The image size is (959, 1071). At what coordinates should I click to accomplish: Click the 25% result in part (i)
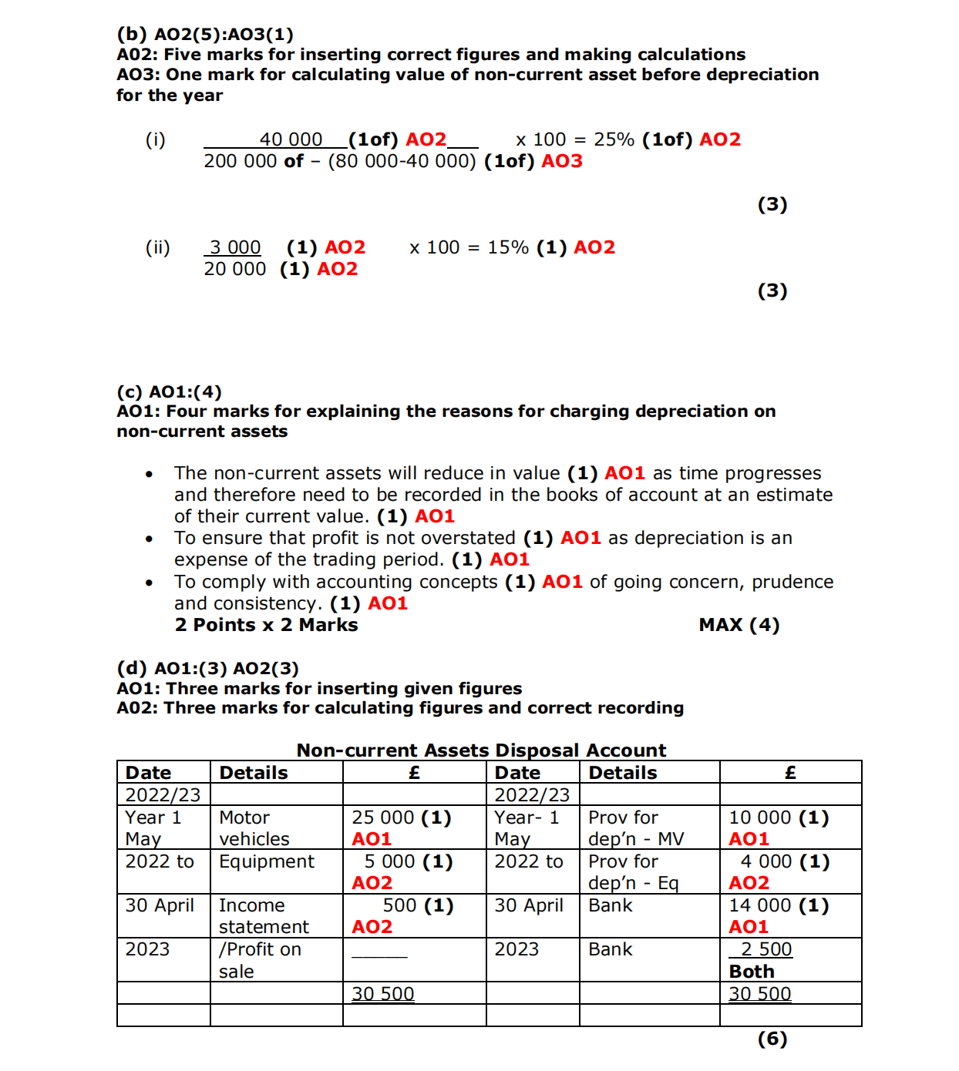coord(614,139)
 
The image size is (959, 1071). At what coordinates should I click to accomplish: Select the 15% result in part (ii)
coord(508,247)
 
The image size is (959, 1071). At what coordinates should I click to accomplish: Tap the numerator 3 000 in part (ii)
coord(234,247)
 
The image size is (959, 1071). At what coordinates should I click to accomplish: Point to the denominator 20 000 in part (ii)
coord(234,269)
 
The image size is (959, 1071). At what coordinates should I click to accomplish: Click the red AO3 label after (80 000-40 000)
coord(562,161)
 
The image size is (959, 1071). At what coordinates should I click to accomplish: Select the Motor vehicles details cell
coord(254,828)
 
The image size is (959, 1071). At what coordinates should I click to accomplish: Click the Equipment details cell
coord(267,861)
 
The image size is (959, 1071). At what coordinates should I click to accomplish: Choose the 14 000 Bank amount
coord(759,905)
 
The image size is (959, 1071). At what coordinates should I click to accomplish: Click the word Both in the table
coord(752,972)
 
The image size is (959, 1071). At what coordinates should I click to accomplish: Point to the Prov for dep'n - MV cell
coord(636,828)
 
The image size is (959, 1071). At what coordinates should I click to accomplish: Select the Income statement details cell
coord(264,916)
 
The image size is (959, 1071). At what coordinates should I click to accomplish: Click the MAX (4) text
coord(739,625)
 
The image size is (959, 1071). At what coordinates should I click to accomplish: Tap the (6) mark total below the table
coord(772,1039)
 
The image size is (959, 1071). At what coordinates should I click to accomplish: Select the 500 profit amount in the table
coord(399,905)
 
